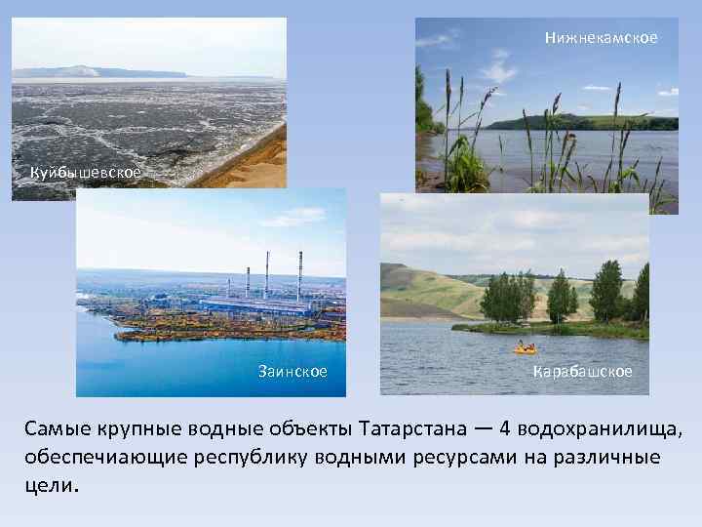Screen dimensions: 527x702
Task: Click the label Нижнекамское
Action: point(601,38)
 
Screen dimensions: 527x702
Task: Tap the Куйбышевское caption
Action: point(85,173)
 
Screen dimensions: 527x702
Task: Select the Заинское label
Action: point(292,372)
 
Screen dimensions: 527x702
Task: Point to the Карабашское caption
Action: point(583,372)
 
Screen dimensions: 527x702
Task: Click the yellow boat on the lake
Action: point(525,347)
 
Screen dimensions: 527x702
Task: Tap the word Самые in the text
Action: point(56,429)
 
